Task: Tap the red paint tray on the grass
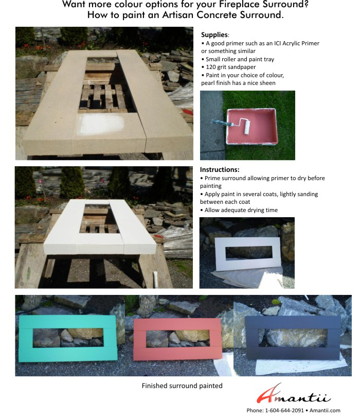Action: click(x=251, y=126)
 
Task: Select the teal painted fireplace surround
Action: click(x=68, y=338)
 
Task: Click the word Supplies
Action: click(x=214, y=35)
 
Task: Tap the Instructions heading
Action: click(x=220, y=169)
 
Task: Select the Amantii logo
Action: click(x=294, y=394)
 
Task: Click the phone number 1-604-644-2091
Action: click(x=284, y=410)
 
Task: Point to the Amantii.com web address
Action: click(x=325, y=410)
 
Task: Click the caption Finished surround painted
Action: click(x=182, y=386)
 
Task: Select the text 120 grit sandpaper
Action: click(x=231, y=67)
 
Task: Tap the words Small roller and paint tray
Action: click(x=240, y=59)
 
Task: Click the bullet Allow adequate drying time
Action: click(x=241, y=210)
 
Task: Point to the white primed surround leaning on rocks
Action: click(x=247, y=254)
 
